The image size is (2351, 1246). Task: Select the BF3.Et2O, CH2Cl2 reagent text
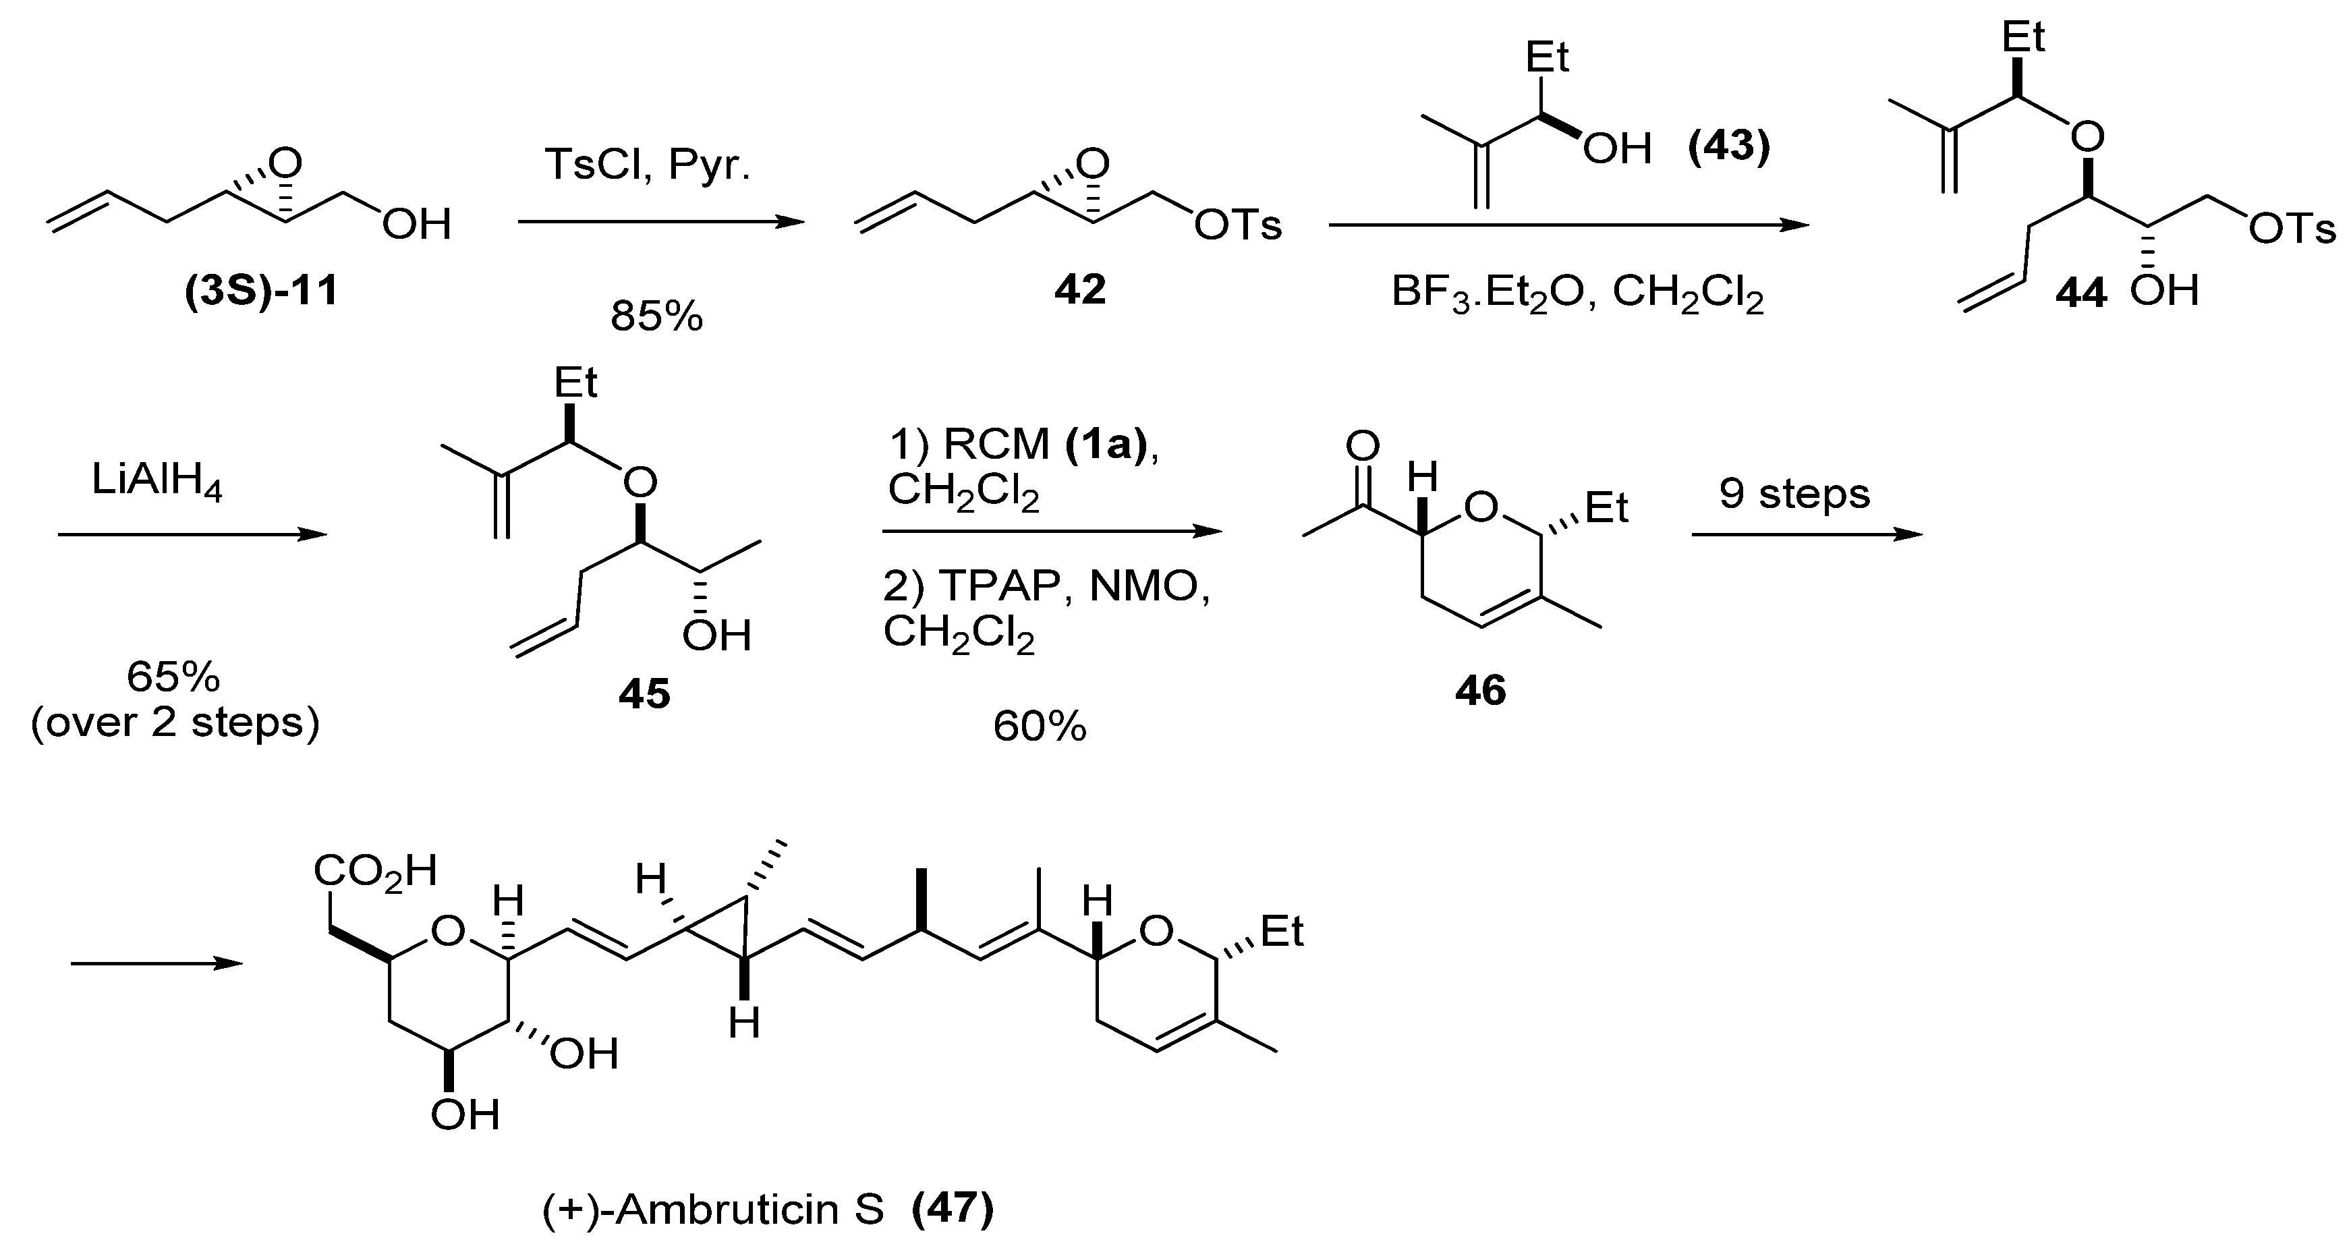pyautogui.click(x=1577, y=295)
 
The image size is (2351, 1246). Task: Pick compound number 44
pyautogui.click(x=2081, y=293)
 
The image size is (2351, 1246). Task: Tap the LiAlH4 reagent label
pyautogui.click(x=157, y=481)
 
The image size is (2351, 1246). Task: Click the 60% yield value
pyautogui.click(x=1040, y=727)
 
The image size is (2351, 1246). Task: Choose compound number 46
pyautogui.click(x=1480, y=691)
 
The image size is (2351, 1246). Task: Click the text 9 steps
pyautogui.click(x=1794, y=494)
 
